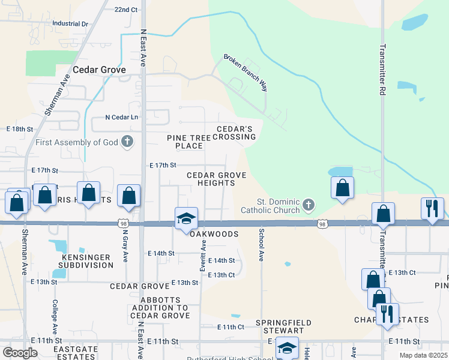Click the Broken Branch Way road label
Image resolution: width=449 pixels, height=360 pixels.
click(x=246, y=73)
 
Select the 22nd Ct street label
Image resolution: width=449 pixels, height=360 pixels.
click(x=126, y=10)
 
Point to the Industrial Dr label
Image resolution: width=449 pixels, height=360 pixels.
click(x=70, y=24)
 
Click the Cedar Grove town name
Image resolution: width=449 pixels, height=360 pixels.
click(x=99, y=70)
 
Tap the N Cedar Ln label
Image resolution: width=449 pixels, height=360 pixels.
click(x=122, y=117)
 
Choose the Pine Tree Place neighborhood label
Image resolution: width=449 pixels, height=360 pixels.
click(x=189, y=142)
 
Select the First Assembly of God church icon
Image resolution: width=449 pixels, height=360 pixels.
click(x=127, y=142)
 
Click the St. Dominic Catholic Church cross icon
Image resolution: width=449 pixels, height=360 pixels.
click(x=308, y=206)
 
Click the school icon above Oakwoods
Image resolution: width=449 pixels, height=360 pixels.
click(x=186, y=218)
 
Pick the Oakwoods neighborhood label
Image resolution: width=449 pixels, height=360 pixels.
click(x=215, y=234)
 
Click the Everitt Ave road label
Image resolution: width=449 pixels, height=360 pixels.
click(x=203, y=256)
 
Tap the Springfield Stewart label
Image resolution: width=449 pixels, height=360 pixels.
click(x=284, y=327)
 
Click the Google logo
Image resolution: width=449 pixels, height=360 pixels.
click(x=20, y=353)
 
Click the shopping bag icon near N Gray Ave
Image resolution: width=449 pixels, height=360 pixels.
click(x=128, y=195)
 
